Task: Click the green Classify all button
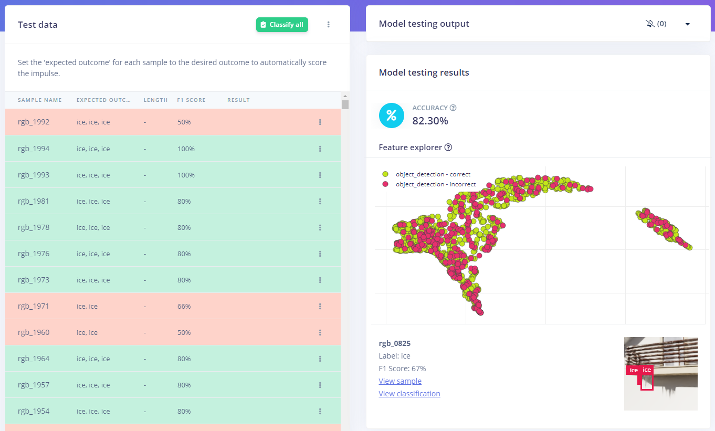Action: (282, 25)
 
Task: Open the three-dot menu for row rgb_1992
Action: (320, 122)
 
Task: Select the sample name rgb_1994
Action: (34, 149)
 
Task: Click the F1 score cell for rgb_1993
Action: (186, 175)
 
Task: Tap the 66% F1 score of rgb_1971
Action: (184, 306)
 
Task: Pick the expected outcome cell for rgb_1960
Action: (87, 332)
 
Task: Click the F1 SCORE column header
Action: (191, 100)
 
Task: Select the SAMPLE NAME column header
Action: (40, 100)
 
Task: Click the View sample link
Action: (400, 381)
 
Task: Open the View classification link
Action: (409, 394)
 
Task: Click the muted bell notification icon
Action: (650, 24)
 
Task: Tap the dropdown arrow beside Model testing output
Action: (687, 24)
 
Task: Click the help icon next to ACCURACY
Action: (453, 108)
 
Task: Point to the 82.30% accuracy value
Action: (430, 121)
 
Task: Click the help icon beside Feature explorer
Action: (448, 148)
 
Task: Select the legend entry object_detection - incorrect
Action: (436, 184)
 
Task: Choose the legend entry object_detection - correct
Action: (433, 174)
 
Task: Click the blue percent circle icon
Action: (392, 115)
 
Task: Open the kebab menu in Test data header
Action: (329, 25)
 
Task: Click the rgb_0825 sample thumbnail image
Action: (660, 373)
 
